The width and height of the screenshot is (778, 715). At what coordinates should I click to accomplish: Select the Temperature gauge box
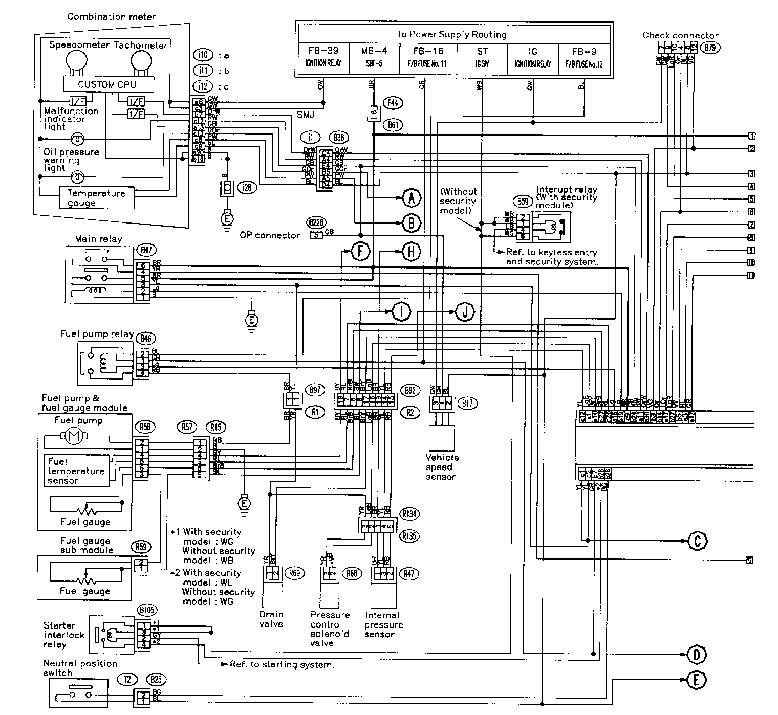[97, 198]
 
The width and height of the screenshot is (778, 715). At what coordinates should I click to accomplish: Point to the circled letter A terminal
[412, 197]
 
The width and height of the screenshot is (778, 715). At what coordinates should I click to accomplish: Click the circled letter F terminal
[360, 251]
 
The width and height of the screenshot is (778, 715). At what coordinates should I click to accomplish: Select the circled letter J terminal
[465, 311]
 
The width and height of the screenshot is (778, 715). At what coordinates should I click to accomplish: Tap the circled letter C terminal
[697, 540]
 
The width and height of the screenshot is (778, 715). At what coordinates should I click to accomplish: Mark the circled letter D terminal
[697, 654]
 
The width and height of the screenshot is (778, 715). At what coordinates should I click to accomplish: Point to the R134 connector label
[409, 513]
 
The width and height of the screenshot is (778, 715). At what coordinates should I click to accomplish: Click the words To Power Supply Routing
[451, 34]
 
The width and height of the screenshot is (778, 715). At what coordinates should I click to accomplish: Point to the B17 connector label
[468, 403]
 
